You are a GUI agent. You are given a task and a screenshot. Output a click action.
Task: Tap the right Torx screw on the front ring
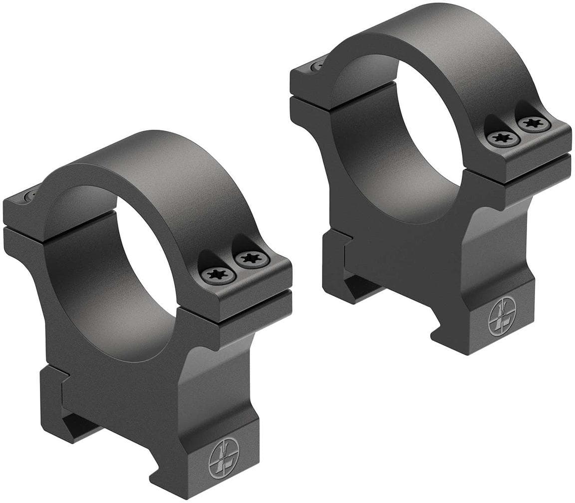[252, 259]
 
